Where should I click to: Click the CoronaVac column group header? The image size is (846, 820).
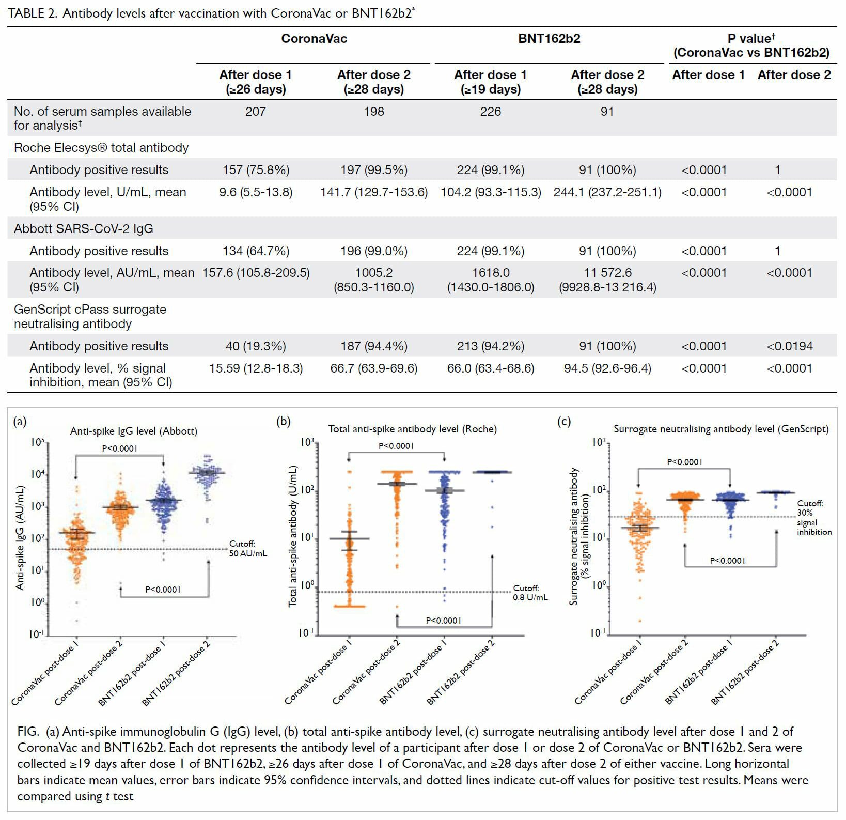[x=314, y=39]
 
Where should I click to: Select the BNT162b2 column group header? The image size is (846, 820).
[x=549, y=39]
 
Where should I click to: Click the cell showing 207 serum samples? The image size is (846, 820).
[x=256, y=112]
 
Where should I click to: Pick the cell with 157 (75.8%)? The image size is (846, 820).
[x=256, y=170]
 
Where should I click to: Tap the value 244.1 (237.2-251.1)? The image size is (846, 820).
[x=607, y=192]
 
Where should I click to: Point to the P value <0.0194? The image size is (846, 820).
[x=789, y=346]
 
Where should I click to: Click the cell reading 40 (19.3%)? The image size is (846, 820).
[x=256, y=346]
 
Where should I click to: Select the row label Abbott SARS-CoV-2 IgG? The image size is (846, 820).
[x=84, y=229]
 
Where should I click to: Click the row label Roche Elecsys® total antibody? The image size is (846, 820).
[x=101, y=148]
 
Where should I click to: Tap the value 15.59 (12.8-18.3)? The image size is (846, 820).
[x=256, y=368]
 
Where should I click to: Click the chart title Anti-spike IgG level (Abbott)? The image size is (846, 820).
[x=134, y=431]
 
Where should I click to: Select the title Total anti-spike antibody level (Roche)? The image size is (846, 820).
[x=413, y=429]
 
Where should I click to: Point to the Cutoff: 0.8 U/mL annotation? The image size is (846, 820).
[x=530, y=593]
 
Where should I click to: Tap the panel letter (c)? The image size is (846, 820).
[x=564, y=422]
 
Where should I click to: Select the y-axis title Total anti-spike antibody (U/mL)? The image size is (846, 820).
[x=293, y=536]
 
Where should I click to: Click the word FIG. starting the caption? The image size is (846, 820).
[x=28, y=732]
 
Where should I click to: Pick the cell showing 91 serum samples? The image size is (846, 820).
[x=607, y=112]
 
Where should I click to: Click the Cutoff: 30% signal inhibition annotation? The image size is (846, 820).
[x=814, y=518]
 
